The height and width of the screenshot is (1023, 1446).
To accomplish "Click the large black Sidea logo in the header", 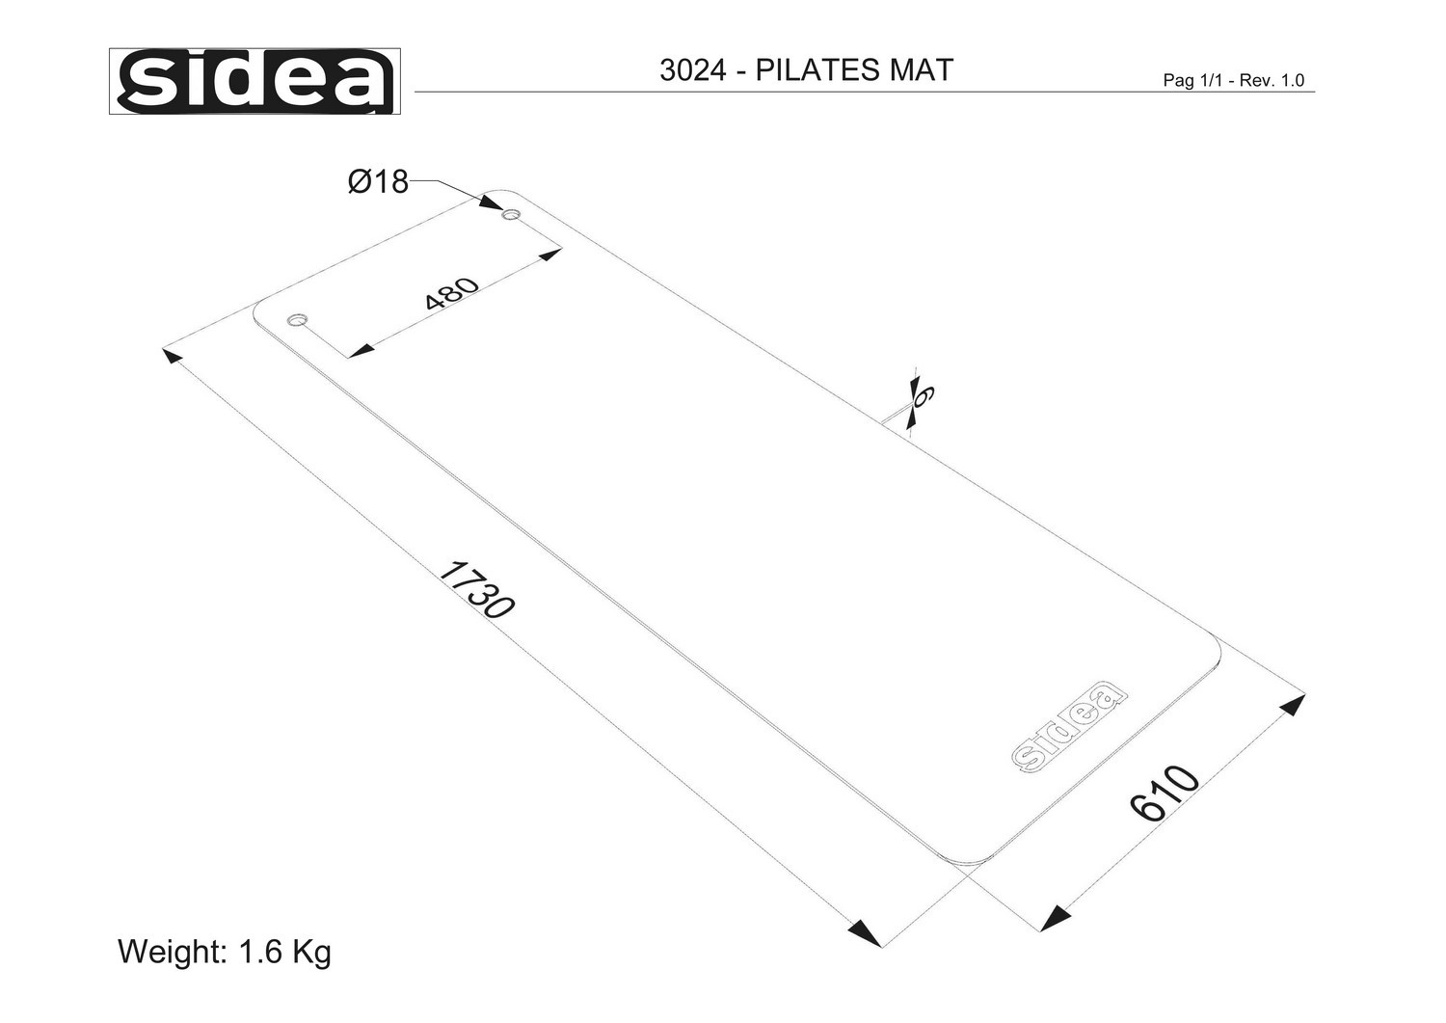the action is coord(255,81).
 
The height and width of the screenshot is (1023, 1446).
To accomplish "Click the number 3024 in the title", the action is coord(693,70).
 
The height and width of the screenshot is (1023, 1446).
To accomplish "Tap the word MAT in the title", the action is coord(922,70).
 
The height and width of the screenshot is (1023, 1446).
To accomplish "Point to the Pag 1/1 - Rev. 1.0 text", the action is coord(1234,80).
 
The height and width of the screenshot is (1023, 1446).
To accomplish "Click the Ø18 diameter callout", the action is coord(378,181).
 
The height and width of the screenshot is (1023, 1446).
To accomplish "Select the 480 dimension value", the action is coord(452,294).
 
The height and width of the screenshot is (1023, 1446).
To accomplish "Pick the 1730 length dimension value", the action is coord(477,590).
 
